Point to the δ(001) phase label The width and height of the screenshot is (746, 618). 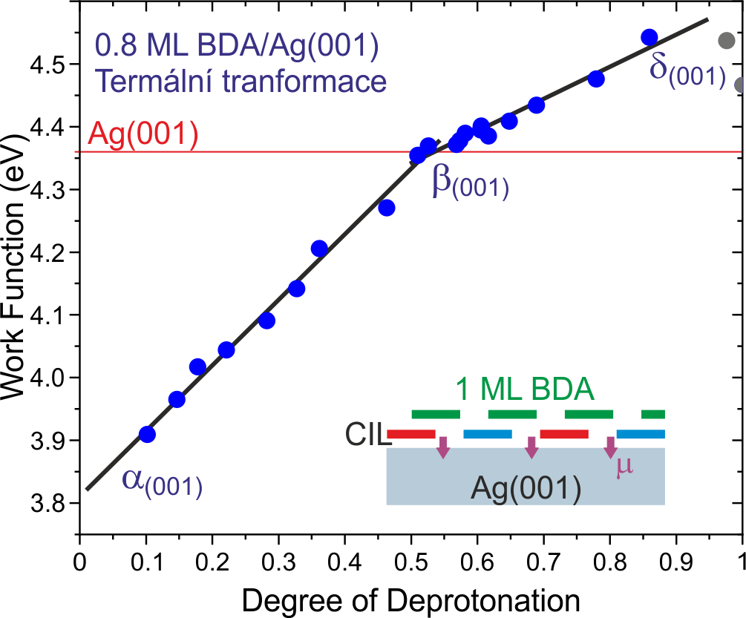687,70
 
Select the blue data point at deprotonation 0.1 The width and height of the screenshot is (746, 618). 147,434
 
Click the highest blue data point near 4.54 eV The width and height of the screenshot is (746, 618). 649,37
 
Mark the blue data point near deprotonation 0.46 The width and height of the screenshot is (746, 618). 386,208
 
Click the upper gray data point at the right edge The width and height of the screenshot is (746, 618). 727,41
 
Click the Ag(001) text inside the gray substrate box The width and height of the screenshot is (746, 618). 525,488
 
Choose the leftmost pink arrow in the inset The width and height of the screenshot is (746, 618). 443,447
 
